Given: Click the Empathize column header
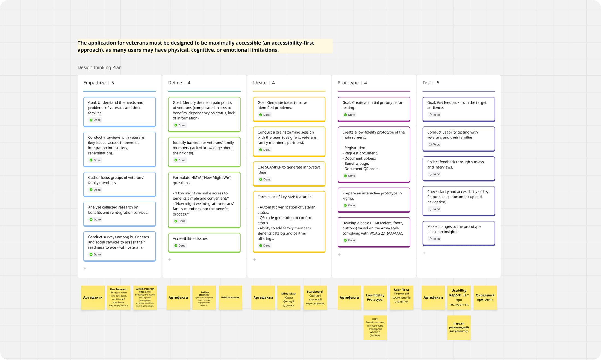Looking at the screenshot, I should [x=94, y=83].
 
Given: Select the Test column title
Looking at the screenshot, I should [x=426, y=83].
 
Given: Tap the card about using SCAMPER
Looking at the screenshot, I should [x=289, y=173].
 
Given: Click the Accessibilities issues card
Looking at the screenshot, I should [x=204, y=242].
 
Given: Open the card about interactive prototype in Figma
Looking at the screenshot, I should [x=374, y=199].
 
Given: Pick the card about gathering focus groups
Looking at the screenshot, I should [x=119, y=184].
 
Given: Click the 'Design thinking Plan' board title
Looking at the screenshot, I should [x=99, y=67].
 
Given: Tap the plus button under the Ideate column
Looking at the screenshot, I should [x=254, y=260].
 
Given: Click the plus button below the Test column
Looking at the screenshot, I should [x=424, y=253].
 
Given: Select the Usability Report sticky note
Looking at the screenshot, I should [x=459, y=297].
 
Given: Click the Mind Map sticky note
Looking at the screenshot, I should [x=289, y=297].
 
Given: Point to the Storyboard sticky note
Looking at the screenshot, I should [x=315, y=297].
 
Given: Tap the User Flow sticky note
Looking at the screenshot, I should [x=401, y=297].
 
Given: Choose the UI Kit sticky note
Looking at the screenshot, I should [x=375, y=327].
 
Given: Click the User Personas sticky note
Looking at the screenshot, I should [x=119, y=297].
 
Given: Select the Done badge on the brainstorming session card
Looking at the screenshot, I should [x=264, y=150].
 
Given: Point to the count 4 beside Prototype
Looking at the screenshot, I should [x=366, y=83].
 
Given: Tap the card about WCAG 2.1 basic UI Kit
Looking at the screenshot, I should [x=374, y=232].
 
